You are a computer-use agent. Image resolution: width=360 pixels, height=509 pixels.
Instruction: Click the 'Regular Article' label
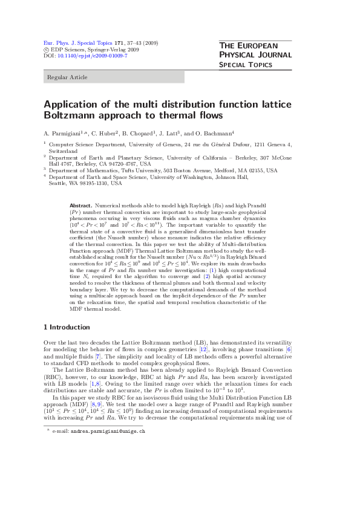67,77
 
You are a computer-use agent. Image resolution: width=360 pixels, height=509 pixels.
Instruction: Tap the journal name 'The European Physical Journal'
255,50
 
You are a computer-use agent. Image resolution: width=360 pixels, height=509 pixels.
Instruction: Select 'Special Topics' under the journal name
246,64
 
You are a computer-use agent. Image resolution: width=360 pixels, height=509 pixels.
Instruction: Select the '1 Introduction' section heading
67,327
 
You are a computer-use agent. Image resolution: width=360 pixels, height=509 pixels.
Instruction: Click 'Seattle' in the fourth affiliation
57,183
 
